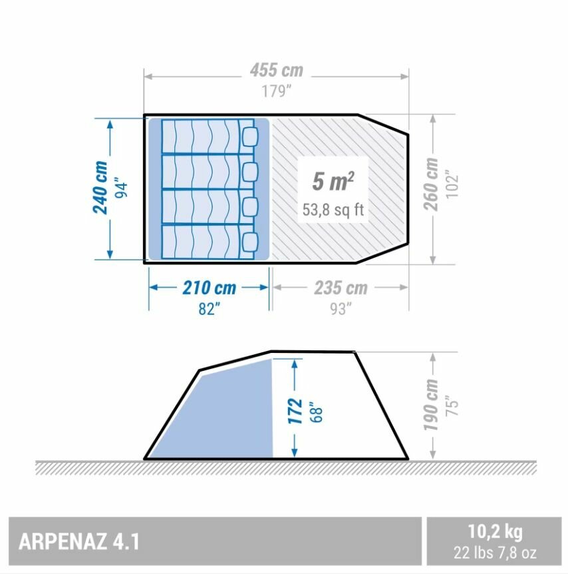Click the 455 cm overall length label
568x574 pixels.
277,71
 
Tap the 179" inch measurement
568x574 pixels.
277,91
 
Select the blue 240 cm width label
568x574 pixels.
100,187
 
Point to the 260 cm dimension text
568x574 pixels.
431,184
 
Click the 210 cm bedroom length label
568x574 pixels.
210,288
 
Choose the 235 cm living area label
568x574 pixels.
341,288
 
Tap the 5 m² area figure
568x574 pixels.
333,181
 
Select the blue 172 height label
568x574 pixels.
295,411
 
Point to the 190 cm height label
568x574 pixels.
431,406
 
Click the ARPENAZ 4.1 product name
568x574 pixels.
79,541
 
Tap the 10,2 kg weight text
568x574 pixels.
496,531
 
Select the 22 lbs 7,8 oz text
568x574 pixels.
496,553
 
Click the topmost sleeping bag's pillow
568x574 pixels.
250,137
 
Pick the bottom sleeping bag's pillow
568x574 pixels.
250,242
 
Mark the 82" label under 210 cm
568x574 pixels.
210,309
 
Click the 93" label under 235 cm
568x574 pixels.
341,309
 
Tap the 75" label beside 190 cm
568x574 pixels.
452,406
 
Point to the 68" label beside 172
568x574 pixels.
317,412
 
